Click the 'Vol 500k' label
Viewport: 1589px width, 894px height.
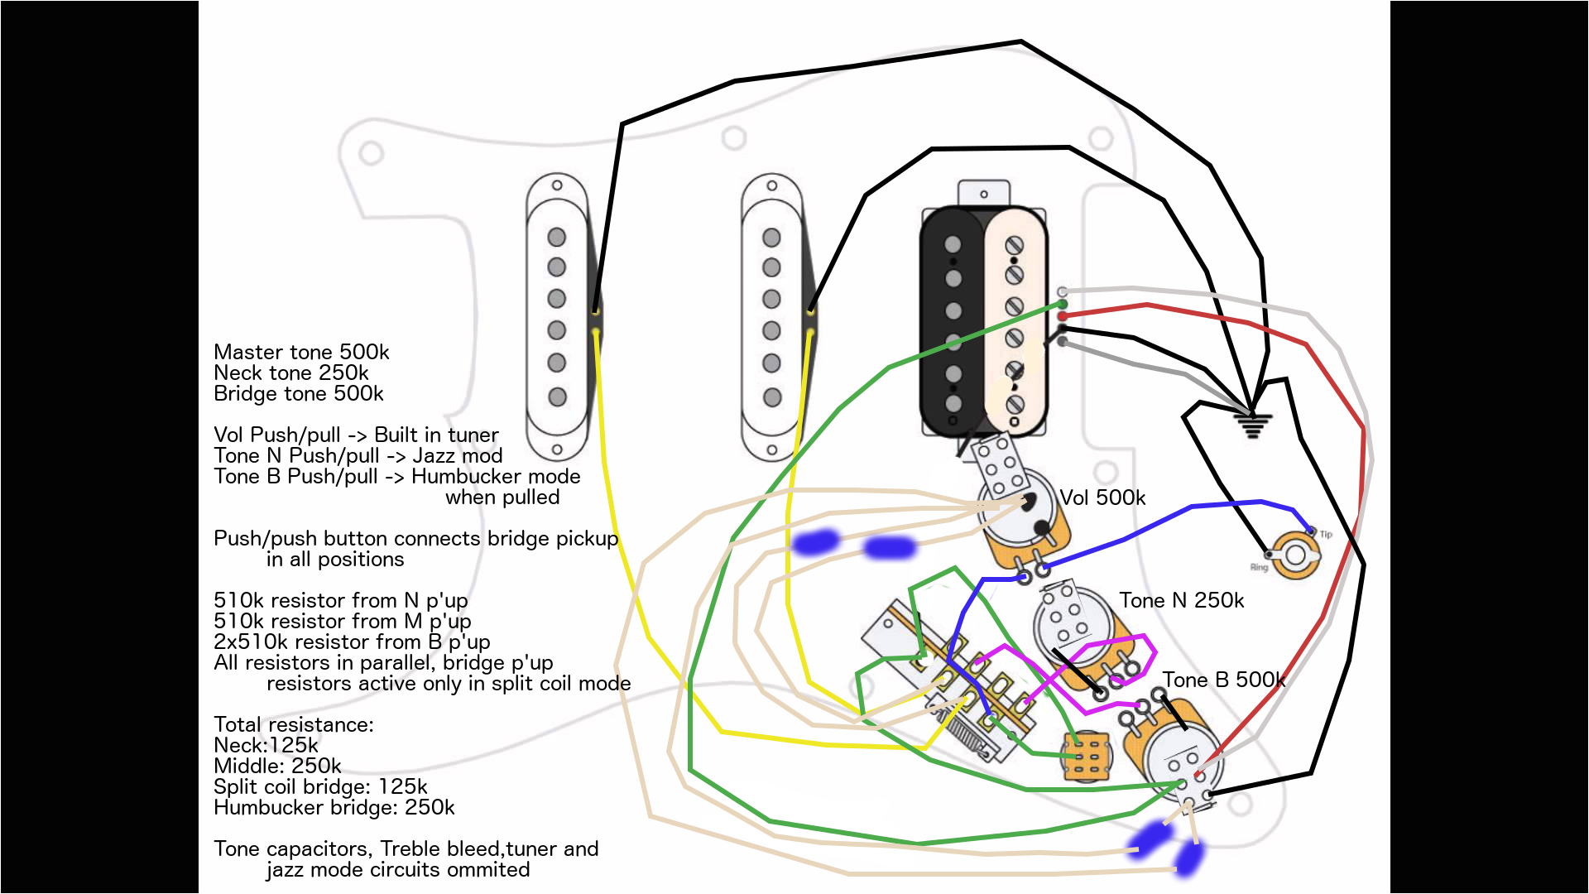click(x=1102, y=497)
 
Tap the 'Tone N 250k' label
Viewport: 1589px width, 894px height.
click(x=1181, y=600)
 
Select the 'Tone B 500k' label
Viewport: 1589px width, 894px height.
click(x=1223, y=680)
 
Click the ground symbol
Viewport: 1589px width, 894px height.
click(x=1251, y=425)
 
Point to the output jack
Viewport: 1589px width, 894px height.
click(x=1295, y=555)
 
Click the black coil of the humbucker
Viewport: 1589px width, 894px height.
click(x=953, y=323)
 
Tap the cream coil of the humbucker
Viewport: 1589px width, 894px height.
click(x=1015, y=323)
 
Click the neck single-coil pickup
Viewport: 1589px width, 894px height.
click(x=558, y=316)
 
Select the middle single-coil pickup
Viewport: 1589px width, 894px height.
click(x=772, y=316)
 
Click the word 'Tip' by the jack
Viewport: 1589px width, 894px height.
click(x=1326, y=535)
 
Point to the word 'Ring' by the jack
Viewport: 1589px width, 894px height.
click(x=1259, y=568)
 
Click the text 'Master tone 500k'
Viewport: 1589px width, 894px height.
click(x=301, y=353)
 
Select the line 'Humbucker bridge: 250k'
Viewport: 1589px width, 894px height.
click(x=334, y=807)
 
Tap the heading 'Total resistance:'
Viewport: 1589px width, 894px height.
click(x=294, y=724)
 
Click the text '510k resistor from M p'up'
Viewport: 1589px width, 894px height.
click(x=342, y=621)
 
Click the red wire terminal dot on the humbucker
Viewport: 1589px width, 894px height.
click(x=1063, y=316)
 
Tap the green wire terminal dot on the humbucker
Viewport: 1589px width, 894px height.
click(x=1063, y=305)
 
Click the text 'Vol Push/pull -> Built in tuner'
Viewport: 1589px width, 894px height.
click(x=356, y=435)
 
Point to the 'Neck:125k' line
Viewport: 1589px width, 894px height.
click(x=266, y=745)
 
